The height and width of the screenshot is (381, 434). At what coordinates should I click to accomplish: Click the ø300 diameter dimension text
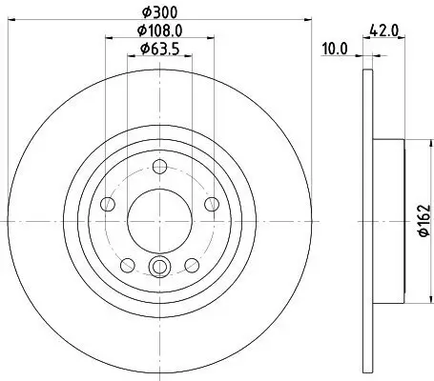[x=158, y=10]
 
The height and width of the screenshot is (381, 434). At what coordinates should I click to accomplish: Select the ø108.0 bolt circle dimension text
[x=158, y=30]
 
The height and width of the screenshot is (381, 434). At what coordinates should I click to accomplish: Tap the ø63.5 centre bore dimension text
[x=158, y=49]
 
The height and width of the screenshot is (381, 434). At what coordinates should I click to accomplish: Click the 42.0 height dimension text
[x=387, y=30]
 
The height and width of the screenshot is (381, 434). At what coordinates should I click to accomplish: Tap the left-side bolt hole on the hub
[x=108, y=206]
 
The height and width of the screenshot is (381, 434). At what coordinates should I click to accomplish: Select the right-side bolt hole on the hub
[x=210, y=206]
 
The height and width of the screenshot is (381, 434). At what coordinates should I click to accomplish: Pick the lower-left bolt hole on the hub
[x=127, y=264]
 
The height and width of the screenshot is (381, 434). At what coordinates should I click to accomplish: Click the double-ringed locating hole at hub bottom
[x=158, y=268]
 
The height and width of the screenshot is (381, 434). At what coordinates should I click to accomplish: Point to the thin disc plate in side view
[x=368, y=314]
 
